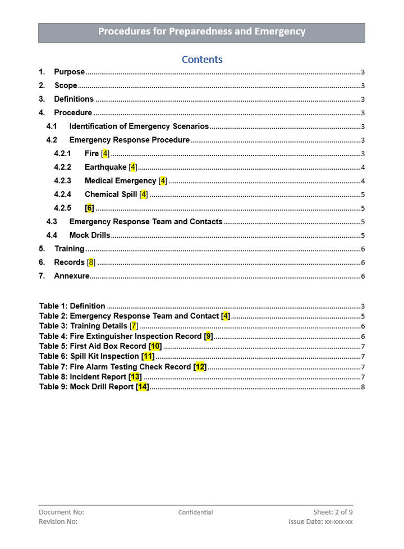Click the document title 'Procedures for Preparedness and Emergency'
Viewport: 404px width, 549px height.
201,31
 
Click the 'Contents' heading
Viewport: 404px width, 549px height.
202,60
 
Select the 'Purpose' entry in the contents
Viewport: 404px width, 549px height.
69,72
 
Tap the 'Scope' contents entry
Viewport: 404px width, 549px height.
66,85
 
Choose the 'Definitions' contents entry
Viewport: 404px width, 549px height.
74,99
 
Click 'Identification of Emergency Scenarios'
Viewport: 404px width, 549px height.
139,126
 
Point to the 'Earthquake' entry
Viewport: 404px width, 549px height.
105,167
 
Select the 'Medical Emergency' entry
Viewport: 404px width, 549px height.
120,180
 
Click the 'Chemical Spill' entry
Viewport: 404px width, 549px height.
110,194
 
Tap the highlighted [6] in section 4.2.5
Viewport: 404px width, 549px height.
89,208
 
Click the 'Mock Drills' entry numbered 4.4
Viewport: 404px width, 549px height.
90,235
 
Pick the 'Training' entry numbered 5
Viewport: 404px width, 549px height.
69,248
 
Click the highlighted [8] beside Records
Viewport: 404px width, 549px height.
91,262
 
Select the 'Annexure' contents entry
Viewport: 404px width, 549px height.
71,276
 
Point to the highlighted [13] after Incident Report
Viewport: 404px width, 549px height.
135,376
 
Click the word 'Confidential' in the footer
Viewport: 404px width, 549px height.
195,512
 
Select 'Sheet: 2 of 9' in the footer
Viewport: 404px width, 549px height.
333,512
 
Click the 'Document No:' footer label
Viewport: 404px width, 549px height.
61,512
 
